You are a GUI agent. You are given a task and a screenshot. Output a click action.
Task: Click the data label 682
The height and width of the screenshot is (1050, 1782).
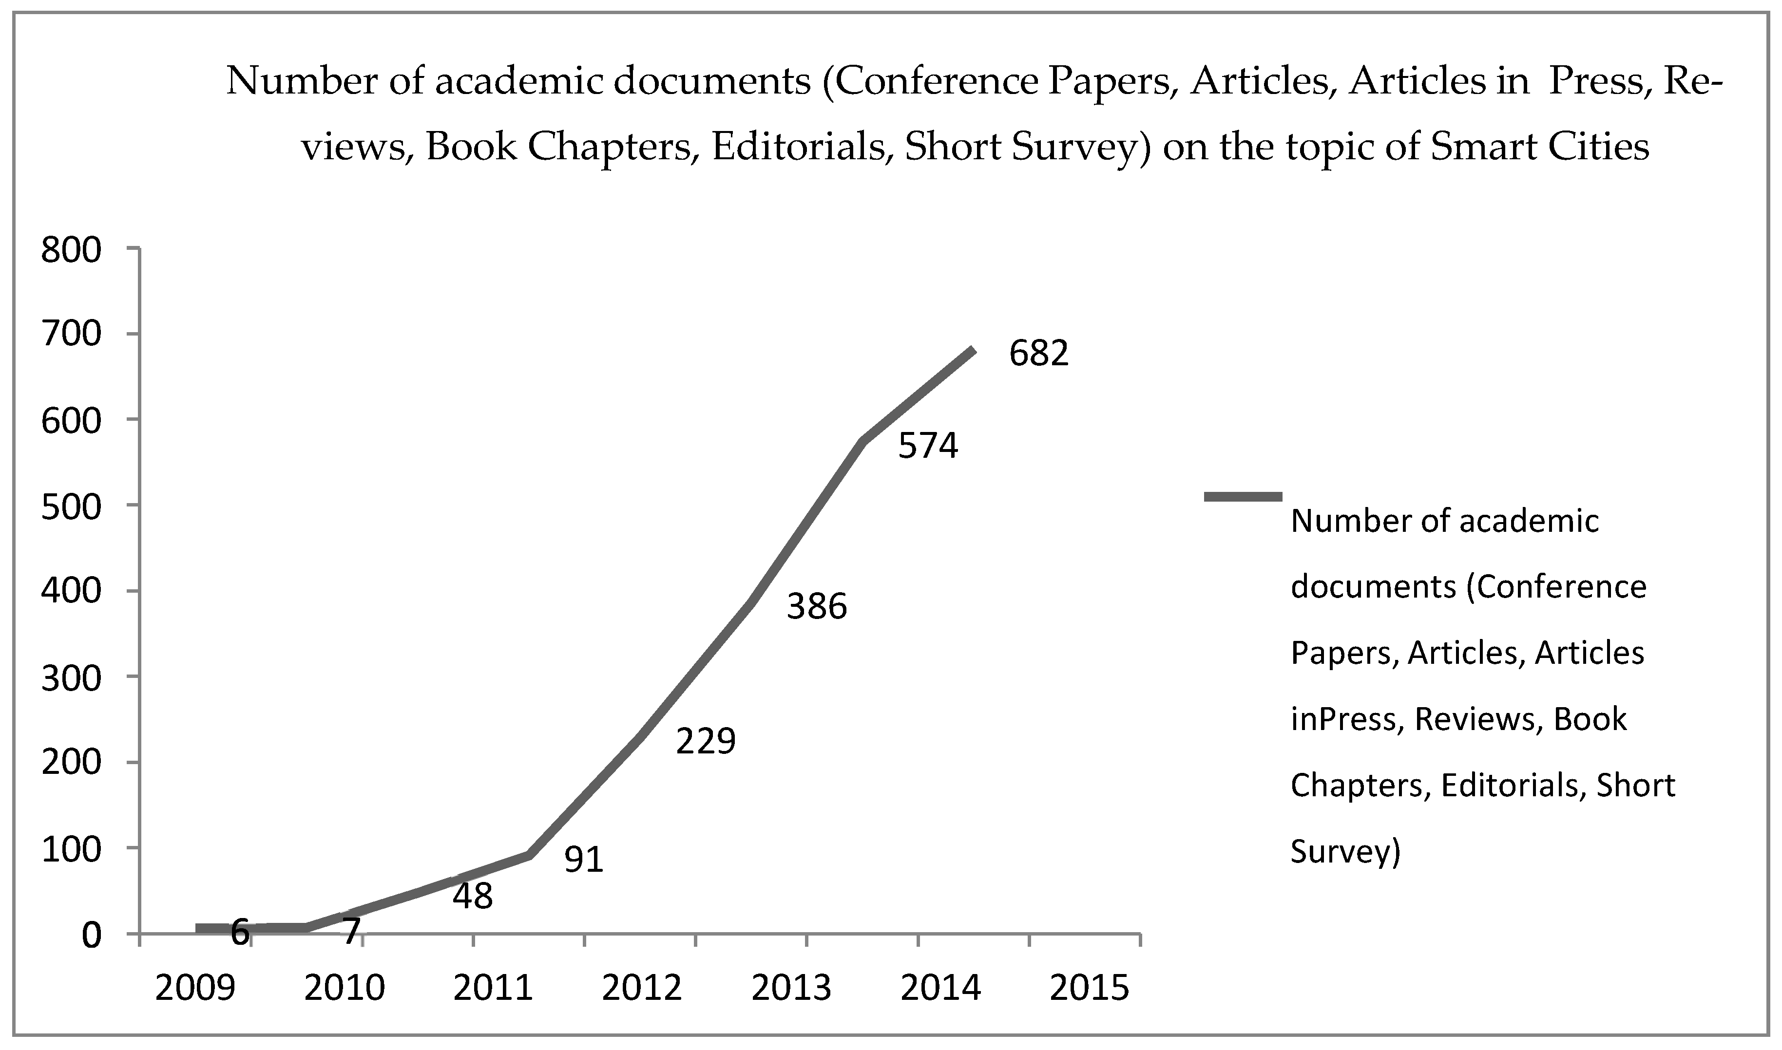[x=1038, y=353]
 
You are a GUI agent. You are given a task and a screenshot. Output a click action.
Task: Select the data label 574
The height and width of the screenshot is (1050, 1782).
[x=928, y=446]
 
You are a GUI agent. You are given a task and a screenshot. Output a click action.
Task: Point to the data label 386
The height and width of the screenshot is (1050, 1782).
[x=817, y=606]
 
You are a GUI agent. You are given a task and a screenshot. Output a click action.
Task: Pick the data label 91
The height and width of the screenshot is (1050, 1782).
[x=584, y=860]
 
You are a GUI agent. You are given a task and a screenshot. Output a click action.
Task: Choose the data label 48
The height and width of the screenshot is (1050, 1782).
[x=473, y=897]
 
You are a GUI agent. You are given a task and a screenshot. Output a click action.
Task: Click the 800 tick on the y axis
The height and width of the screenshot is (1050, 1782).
[x=72, y=250]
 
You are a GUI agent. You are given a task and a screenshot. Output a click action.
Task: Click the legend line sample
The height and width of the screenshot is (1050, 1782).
[x=1243, y=497]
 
